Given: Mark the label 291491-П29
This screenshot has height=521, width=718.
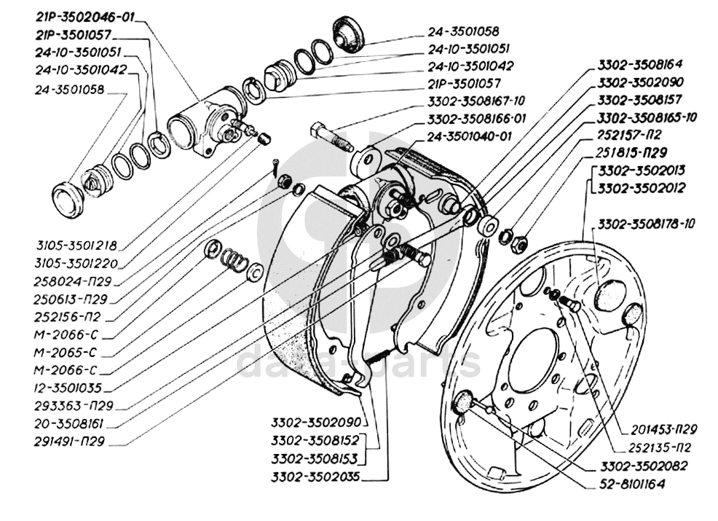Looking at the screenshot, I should (x=68, y=441).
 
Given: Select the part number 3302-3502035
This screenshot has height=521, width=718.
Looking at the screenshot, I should (x=317, y=478).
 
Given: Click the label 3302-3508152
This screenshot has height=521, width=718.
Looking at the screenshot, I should (x=317, y=442).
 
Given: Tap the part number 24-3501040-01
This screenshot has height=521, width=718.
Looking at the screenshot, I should (x=471, y=136).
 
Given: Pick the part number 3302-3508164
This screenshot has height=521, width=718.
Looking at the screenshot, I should (x=641, y=64).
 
